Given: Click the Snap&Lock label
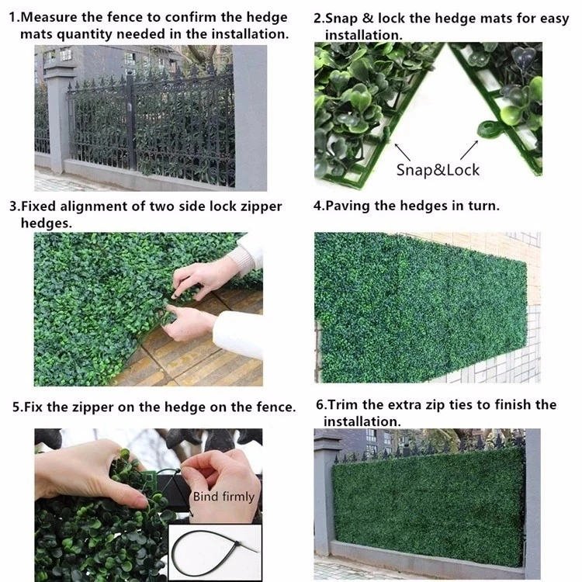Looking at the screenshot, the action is [438, 170].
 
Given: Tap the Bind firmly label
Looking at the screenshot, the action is [223, 497].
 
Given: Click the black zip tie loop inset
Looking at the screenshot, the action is [215, 552].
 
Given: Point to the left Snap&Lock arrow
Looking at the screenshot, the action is [402, 152].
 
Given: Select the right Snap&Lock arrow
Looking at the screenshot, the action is [469, 150].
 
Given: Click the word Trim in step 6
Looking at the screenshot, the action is [343, 404].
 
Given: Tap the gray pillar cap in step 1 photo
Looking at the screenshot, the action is [60, 71].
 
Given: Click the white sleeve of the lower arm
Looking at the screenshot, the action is [238, 334].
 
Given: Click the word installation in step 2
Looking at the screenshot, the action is [363, 35].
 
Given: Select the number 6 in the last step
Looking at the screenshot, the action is [320, 404].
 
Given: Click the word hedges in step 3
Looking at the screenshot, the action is [46, 223].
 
